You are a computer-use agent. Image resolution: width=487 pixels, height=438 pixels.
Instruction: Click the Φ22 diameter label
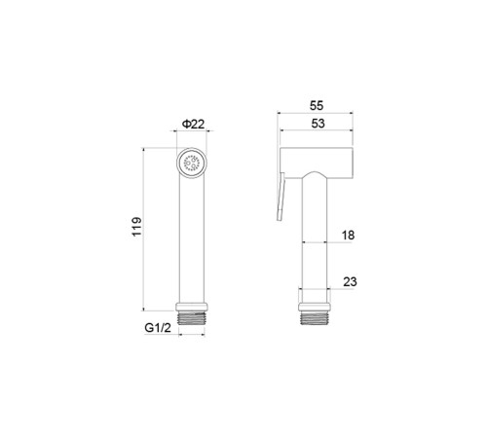pos(194,124)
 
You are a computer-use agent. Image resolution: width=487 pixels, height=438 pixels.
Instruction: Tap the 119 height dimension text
pos(137,227)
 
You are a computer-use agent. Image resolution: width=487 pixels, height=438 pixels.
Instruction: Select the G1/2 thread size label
pos(158,328)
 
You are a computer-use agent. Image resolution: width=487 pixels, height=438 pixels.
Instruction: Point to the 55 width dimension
pos(317,106)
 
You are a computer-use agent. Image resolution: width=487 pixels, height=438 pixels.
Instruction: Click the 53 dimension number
pos(318,124)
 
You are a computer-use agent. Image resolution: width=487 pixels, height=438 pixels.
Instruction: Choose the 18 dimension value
pos(348,236)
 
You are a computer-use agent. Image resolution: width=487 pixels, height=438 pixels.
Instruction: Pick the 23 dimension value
pos(350,281)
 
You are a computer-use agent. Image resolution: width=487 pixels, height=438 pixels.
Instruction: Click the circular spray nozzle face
pos(191,163)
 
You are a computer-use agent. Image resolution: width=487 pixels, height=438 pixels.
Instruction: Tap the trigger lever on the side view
pos(281,197)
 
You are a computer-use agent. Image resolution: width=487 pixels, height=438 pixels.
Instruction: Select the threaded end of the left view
pos(192,318)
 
